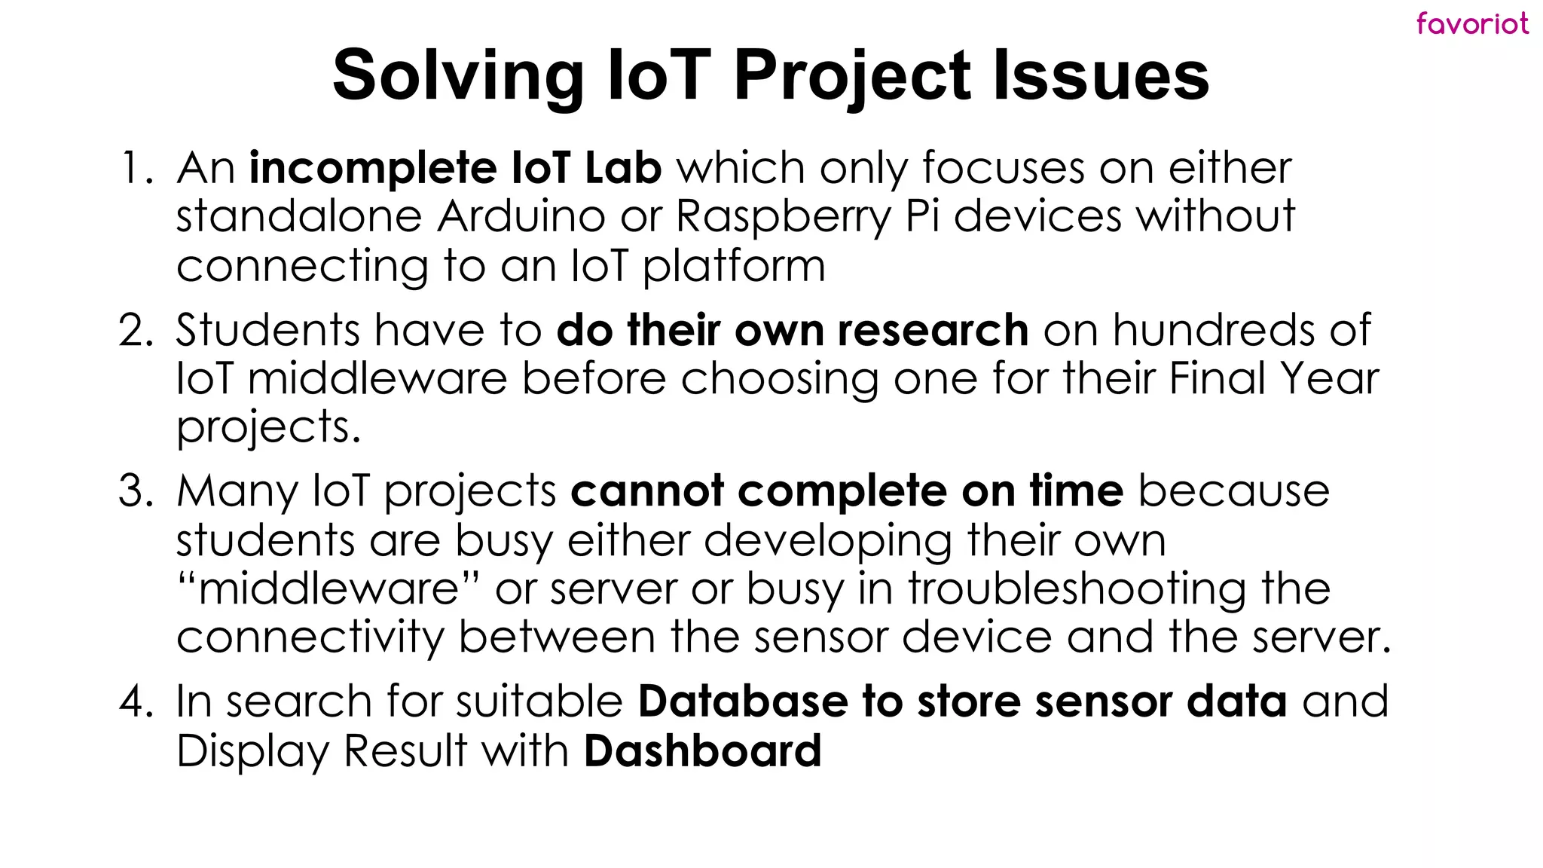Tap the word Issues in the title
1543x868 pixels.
click(x=1101, y=75)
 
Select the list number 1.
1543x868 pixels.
click(x=136, y=168)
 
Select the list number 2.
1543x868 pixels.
click(x=136, y=331)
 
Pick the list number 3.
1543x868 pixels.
click(x=136, y=491)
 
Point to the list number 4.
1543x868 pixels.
click(x=136, y=701)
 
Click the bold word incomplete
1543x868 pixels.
click(x=372, y=168)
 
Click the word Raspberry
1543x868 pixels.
click(x=783, y=218)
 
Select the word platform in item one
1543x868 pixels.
click(x=735, y=267)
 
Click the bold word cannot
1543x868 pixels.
click(x=647, y=491)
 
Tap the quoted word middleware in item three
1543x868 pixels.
click(x=328, y=589)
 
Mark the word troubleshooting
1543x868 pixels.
click(x=1077, y=589)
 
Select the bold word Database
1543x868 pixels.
click(x=743, y=701)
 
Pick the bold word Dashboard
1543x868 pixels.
click(x=702, y=751)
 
